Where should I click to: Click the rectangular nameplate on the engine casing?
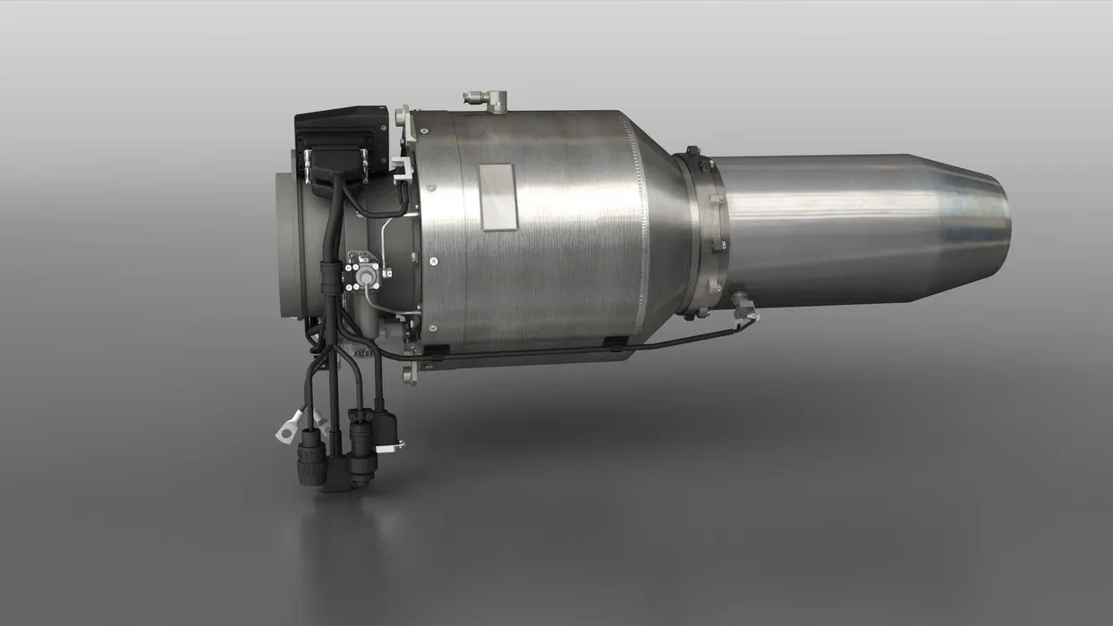[498, 197]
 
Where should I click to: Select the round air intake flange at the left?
[291, 241]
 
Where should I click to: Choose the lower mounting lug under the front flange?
[409, 373]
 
